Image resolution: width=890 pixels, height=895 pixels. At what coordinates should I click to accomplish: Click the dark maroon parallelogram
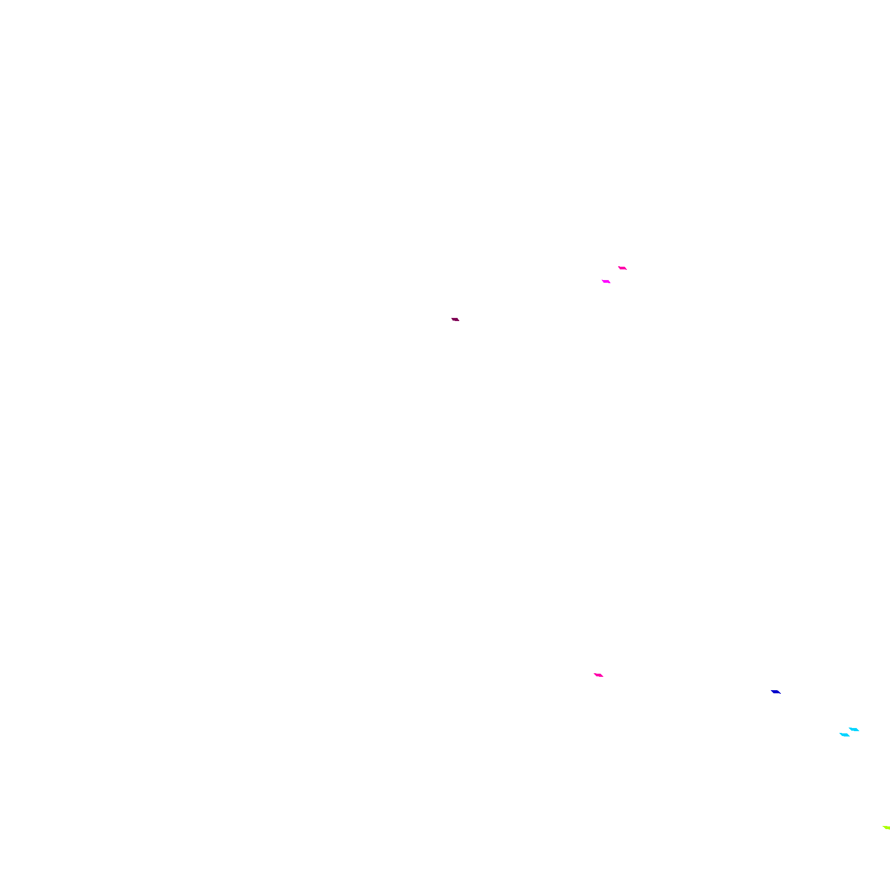pyautogui.click(x=455, y=319)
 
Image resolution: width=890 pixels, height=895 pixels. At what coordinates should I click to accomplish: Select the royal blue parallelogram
pyautogui.click(x=776, y=692)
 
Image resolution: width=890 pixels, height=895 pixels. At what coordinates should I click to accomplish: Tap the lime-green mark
pyautogui.click(x=886, y=827)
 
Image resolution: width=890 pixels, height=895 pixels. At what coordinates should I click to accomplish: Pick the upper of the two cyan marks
pyautogui.click(x=854, y=730)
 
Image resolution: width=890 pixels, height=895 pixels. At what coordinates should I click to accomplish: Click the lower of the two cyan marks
pyautogui.click(x=845, y=735)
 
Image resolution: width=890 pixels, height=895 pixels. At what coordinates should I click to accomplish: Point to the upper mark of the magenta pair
pyautogui.click(x=623, y=268)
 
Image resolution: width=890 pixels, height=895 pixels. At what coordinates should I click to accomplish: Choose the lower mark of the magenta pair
pyautogui.click(x=606, y=281)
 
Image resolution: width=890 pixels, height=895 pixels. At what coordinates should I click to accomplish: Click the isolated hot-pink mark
pyautogui.click(x=598, y=675)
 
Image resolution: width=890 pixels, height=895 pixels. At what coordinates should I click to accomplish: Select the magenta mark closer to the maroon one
pyautogui.click(x=606, y=281)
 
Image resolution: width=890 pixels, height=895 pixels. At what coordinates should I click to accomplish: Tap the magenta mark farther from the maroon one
pyautogui.click(x=623, y=268)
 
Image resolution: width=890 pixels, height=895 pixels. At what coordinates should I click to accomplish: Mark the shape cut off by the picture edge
pyautogui.click(x=886, y=827)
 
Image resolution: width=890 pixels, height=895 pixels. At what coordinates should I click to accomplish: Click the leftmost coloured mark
pyautogui.click(x=455, y=319)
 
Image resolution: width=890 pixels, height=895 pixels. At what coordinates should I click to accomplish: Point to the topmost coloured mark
pyautogui.click(x=623, y=268)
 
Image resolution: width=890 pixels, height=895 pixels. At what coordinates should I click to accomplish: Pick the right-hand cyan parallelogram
pyautogui.click(x=854, y=730)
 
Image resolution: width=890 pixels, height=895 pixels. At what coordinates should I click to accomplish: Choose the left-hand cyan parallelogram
pyautogui.click(x=845, y=735)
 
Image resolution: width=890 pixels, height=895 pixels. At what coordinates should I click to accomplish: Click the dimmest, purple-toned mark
pyautogui.click(x=455, y=319)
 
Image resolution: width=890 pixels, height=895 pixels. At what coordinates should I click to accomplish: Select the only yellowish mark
pyautogui.click(x=886, y=827)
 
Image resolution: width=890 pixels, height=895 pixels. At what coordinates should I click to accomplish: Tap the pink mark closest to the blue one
pyautogui.click(x=598, y=675)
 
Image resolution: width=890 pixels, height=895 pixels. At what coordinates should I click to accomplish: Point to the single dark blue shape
pyautogui.click(x=776, y=692)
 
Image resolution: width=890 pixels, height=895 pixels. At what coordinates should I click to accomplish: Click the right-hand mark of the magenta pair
pyautogui.click(x=623, y=268)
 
